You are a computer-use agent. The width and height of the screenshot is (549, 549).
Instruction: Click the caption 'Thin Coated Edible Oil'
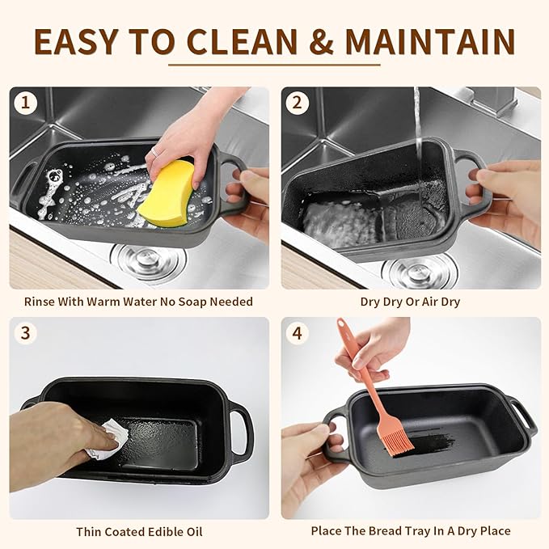tap(139, 531)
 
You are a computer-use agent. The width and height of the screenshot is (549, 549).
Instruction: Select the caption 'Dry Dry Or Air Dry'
tap(411, 302)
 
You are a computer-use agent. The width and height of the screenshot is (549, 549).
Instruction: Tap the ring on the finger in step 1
tap(153, 151)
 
